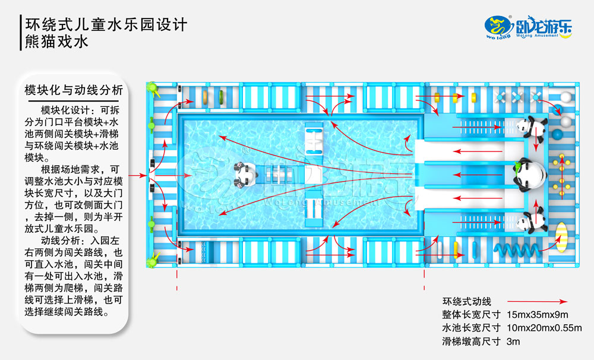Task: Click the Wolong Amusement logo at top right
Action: [x=528, y=27]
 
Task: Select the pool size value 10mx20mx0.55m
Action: [x=545, y=328]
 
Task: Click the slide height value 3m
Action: [x=513, y=341]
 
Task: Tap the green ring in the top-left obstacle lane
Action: [x=219, y=95]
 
